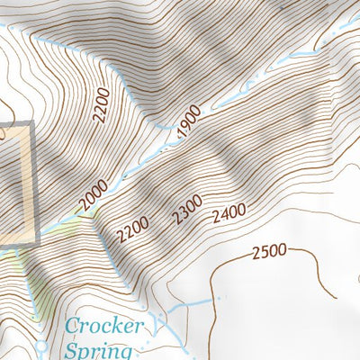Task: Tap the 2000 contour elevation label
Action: coord(93,195)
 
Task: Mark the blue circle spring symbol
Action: coord(40,346)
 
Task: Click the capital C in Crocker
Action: coord(75,326)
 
